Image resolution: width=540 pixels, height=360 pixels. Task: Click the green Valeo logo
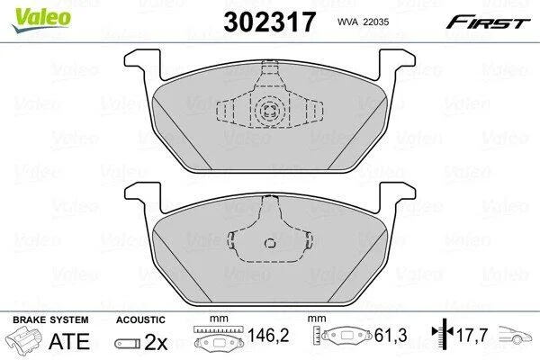pos(41,20)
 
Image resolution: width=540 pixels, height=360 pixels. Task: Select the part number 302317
pos(269,22)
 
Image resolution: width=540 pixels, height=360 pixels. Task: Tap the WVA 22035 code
pos(363,22)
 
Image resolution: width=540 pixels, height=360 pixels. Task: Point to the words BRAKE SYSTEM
pos(50,319)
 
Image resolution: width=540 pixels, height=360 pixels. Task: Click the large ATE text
pos(69,341)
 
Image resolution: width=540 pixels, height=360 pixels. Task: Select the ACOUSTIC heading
pos(140,319)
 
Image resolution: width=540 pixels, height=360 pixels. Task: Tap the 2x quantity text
pos(156,342)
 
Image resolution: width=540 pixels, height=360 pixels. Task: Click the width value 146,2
pos(268,335)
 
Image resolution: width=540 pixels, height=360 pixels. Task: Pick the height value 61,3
pos(391,335)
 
